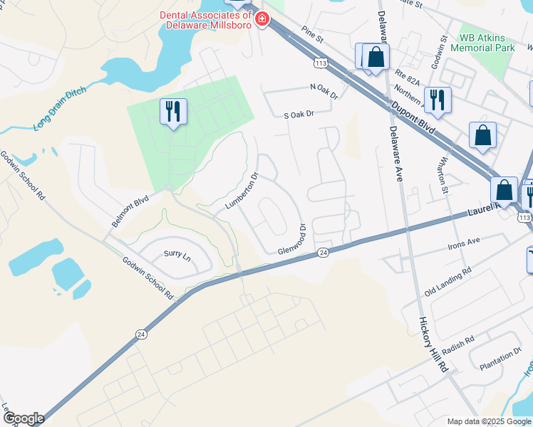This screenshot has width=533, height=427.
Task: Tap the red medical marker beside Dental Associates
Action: pyautogui.click(x=262, y=19)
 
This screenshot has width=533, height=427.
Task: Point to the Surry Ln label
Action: pyautogui.click(x=177, y=255)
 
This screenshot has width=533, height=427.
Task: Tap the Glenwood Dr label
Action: pyautogui.click(x=292, y=241)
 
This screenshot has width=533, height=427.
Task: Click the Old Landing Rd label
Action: pyautogui.click(x=447, y=282)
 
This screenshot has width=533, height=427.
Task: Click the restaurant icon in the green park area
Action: pyautogui.click(x=173, y=112)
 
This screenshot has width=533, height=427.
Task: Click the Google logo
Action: pyautogui.click(x=24, y=418)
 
